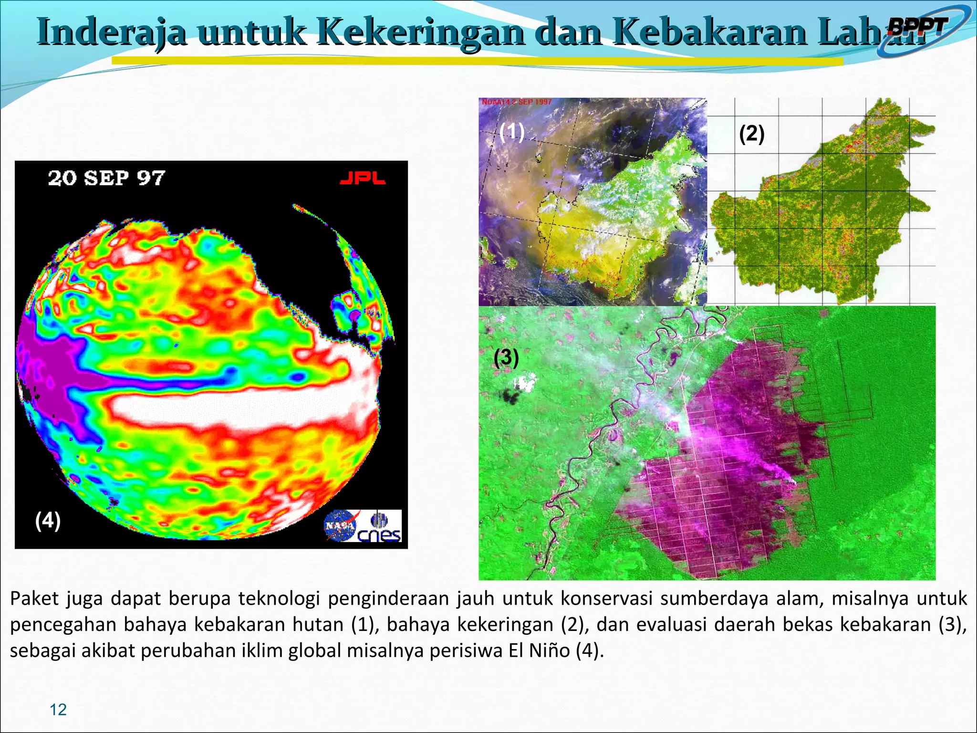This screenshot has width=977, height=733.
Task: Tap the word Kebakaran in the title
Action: click(710, 31)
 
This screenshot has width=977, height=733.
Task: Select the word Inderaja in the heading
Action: click(112, 31)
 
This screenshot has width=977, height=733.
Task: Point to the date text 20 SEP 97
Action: click(106, 178)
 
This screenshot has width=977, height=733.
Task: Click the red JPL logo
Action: click(363, 178)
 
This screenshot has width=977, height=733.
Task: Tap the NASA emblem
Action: click(340, 525)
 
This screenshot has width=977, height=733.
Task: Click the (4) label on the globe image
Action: click(48, 520)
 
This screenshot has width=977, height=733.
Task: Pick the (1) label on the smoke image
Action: click(512, 132)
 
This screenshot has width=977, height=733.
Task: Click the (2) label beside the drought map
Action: click(751, 134)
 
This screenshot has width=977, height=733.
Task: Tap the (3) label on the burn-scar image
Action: click(506, 357)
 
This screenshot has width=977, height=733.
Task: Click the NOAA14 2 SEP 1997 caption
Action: click(516, 102)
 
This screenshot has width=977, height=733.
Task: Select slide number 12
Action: click(58, 710)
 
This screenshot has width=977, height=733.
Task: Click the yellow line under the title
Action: click(477, 62)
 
